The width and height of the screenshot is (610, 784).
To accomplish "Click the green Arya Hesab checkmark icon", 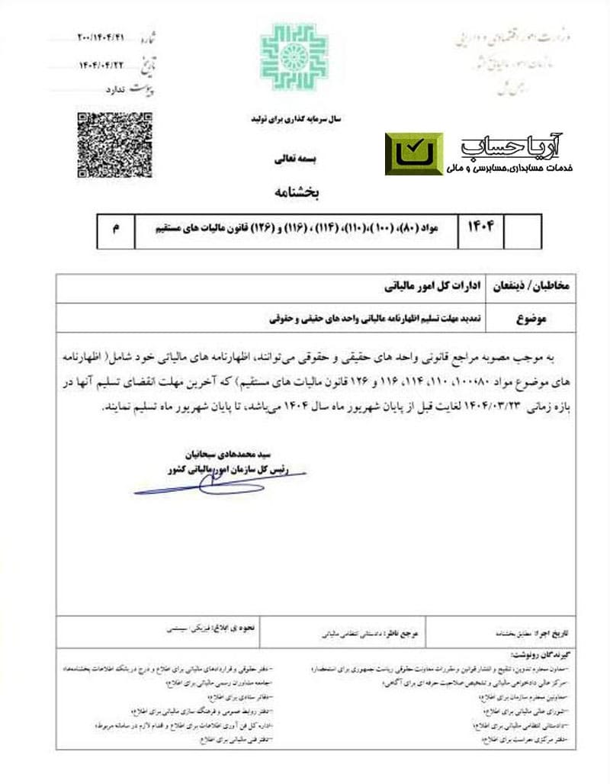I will pyautogui.click(x=413, y=153).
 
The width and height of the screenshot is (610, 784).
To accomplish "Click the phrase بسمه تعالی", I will pyautogui.click(x=293, y=162).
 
